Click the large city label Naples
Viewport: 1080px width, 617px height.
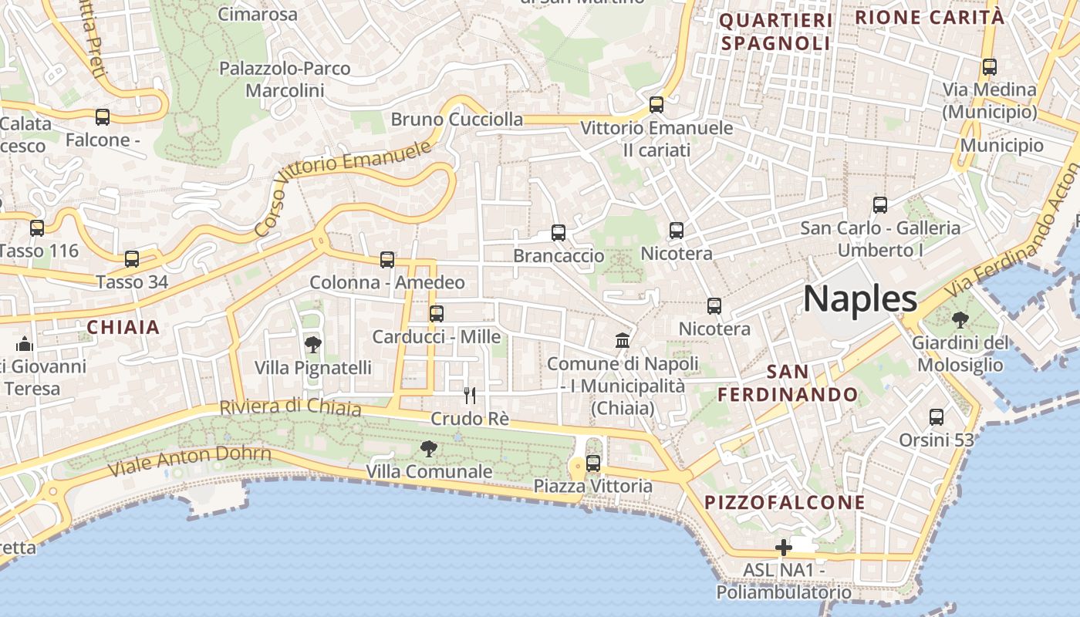click(860, 298)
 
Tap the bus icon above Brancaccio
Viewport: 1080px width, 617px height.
click(559, 232)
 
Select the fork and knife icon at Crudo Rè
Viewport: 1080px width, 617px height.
click(469, 396)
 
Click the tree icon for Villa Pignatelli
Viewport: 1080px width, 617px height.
click(313, 344)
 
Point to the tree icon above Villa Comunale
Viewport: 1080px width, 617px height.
click(428, 448)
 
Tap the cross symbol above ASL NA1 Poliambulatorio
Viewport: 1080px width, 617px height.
click(784, 548)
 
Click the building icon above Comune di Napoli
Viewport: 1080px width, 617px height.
click(622, 340)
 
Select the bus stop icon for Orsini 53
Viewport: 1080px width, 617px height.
click(937, 417)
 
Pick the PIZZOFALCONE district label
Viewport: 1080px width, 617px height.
click(785, 503)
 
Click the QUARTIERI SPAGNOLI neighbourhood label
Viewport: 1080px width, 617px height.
click(775, 32)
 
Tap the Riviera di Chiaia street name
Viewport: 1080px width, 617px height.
click(290, 406)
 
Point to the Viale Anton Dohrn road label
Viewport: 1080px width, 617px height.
click(190, 460)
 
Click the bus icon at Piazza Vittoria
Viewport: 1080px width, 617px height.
click(593, 464)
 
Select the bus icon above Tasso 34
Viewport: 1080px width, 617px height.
click(132, 259)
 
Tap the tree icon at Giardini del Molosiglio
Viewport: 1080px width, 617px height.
click(960, 319)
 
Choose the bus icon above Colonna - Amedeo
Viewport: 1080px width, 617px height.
click(387, 260)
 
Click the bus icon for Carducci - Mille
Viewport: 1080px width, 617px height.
click(437, 314)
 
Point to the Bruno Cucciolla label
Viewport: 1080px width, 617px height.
click(457, 120)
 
